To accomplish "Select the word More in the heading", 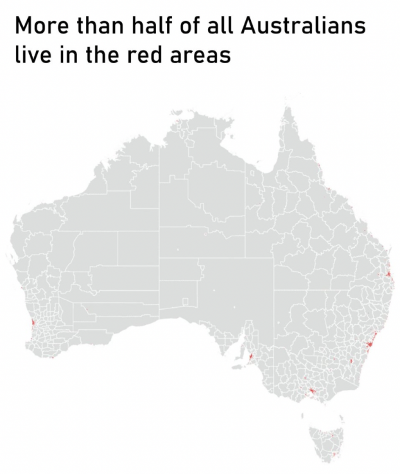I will [x=41, y=28].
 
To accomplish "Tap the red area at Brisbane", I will [x=386, y=277].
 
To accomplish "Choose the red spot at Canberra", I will [x=350, y=362].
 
